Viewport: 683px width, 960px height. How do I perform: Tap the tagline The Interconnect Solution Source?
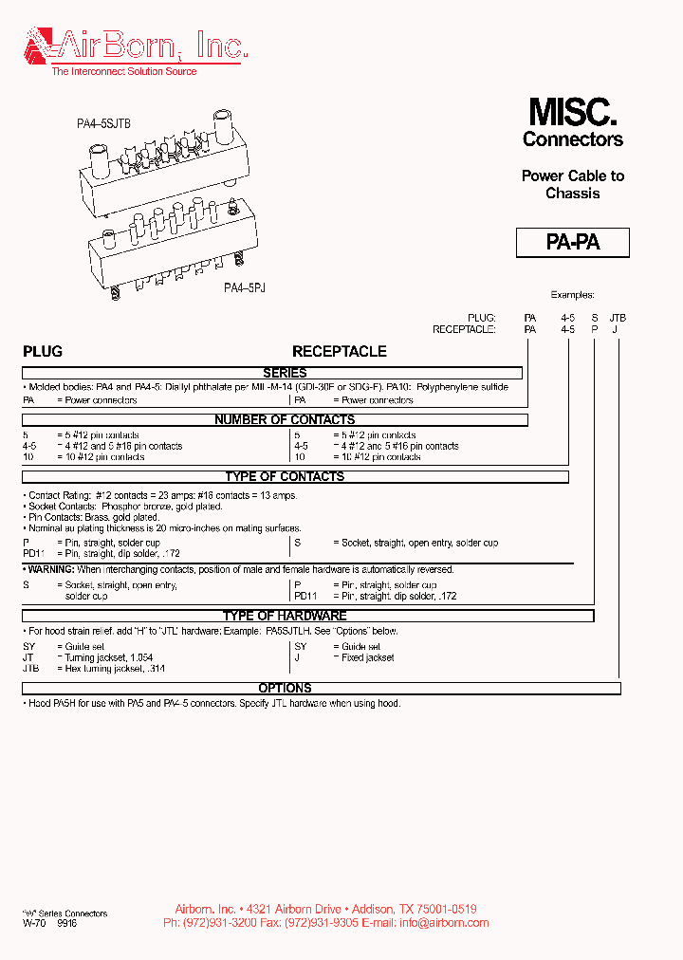(123, 71)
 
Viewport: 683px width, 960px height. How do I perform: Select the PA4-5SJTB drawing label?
(103, 123)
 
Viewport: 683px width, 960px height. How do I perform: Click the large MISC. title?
(572, 113)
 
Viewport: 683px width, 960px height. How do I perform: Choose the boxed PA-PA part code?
(572, 242)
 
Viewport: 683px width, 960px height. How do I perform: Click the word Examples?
(572, 295)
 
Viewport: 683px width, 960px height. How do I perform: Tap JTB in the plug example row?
(618, 318)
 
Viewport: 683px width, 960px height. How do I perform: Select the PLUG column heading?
(43, 351)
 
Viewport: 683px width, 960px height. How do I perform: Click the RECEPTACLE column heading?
(339, 351)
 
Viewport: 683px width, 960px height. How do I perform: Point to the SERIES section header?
(285, 374)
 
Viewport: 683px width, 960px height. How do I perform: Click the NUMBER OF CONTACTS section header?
(285, 419)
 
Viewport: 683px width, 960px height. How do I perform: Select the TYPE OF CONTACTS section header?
(285, 476)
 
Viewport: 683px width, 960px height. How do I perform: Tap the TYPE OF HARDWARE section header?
(285, 616)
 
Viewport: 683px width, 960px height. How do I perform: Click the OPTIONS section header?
(285, 688)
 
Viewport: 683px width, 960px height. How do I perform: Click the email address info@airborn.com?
(445, 922)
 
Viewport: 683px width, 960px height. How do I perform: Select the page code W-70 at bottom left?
(34, 922)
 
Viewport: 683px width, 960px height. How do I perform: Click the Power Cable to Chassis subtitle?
(572, 184)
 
